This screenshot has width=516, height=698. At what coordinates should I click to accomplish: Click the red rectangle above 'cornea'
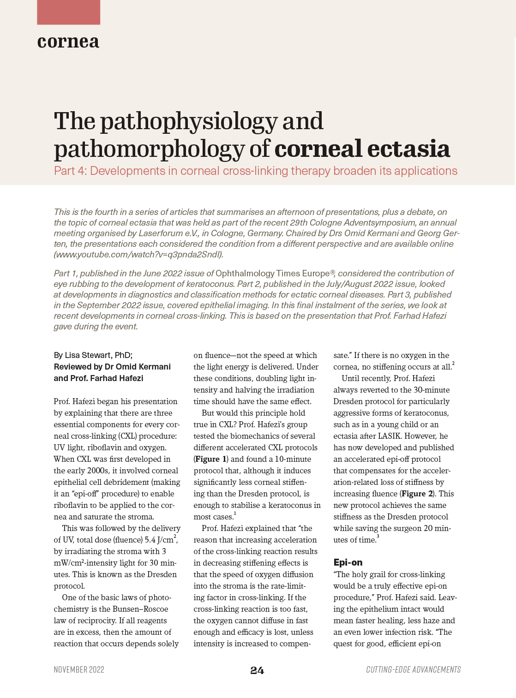click(68, 12)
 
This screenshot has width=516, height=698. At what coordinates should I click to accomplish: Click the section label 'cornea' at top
click(68, 42)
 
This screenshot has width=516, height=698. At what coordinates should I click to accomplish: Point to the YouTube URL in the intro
click(138, 254)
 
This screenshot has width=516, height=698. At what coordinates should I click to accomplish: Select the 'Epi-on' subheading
click(348, 562)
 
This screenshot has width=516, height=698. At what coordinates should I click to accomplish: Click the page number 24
click(257, 670)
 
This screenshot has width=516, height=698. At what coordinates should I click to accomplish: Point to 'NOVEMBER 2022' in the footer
click(79, 670)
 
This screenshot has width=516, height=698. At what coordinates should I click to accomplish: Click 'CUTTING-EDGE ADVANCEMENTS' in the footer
click(413, 670)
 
